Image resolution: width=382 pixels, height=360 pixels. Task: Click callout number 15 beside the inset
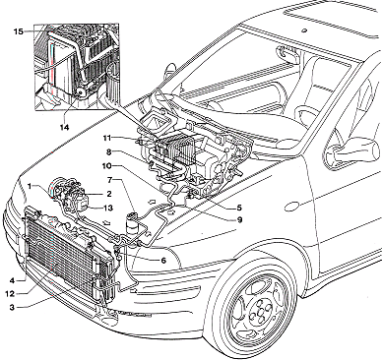coord(19,31)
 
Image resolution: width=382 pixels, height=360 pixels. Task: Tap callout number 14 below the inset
coord(64,127)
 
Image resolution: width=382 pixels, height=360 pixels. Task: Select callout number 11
coord(107,137)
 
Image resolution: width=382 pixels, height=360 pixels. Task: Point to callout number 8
coord(109,152)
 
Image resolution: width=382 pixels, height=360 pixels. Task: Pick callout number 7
coord(110,180)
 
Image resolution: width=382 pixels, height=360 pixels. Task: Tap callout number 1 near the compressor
coord(30,186)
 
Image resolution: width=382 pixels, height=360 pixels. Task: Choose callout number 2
coord(108,194)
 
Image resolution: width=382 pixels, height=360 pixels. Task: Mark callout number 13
coord(107,208)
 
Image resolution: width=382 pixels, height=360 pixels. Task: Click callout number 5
coord(239,208)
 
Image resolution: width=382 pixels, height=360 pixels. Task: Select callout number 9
coord(239,219)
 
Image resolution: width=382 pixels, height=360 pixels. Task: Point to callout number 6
coord(163,261)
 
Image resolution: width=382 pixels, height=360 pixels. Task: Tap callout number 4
coord(12,280)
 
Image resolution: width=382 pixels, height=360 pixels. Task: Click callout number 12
coord(10,293)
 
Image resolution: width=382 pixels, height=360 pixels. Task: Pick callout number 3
coord(12,307)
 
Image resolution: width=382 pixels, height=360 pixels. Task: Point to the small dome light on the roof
coord(303,30)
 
